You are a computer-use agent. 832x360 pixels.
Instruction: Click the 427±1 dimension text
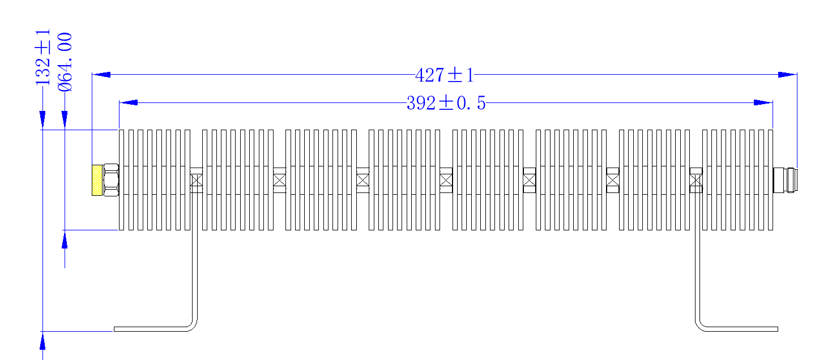pyautogui.click(x=445, y=75)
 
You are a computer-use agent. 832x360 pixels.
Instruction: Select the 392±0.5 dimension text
pyautogui.click(x=446, y=103)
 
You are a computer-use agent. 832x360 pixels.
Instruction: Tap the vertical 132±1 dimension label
pyautogui.click(x=42, y=58)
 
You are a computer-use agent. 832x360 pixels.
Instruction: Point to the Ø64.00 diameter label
pyautogui.click(x=65, y=62)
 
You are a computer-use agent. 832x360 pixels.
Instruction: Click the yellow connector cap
pyautogui.click(x=97, y=181)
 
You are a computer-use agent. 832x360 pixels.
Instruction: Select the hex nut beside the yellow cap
pyautogui.click(x=110, y=180)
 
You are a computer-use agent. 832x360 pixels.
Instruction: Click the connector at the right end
pyautogui.click(x=785, y=181)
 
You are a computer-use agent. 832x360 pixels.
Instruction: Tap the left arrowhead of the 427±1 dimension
pyautogui.click(x=101, y=75)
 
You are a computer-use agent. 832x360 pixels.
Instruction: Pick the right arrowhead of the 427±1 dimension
pyautogui.click(x=788, y=75)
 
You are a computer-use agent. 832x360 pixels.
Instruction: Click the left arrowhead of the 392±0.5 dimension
pyautogui.click(x=129, y=102)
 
